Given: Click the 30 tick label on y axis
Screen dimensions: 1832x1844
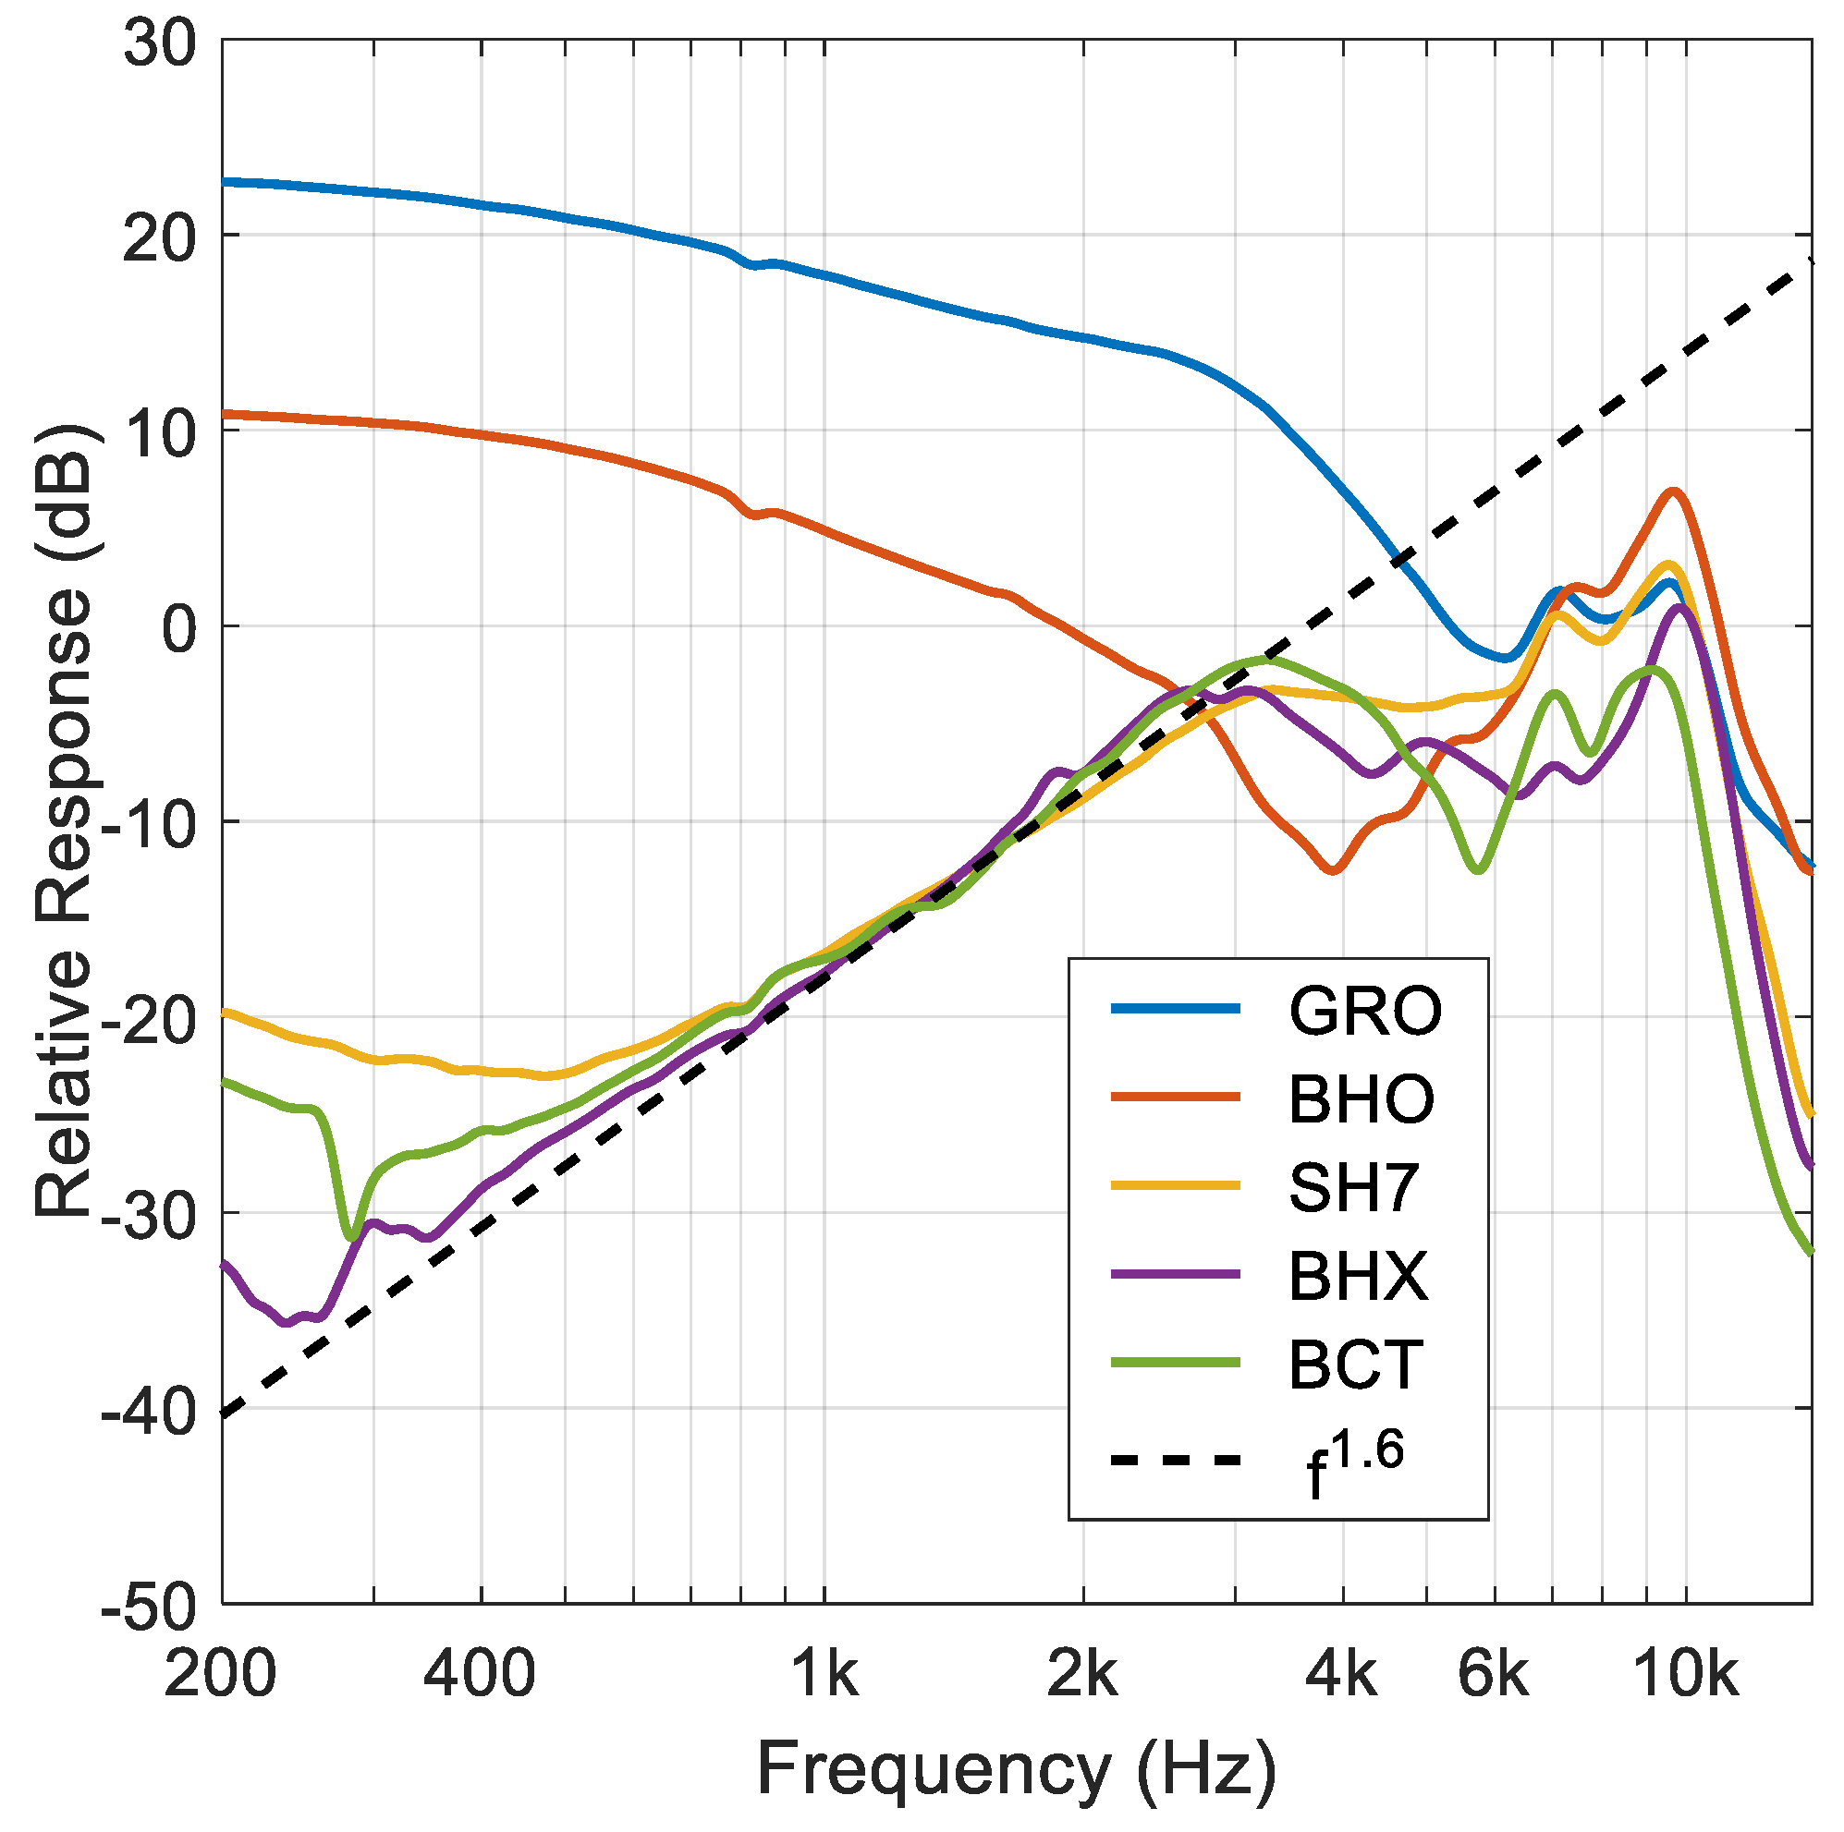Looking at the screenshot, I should click(160, 44).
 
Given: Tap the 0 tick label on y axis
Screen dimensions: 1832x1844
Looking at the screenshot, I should click(179, 631).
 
